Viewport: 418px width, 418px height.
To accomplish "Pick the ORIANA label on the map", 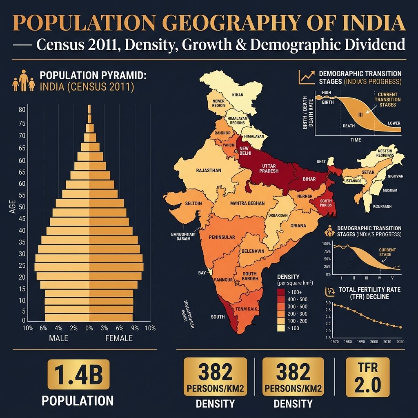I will [298, 225].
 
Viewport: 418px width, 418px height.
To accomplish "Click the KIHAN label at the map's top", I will [237, 95].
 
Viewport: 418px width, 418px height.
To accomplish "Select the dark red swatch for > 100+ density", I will [281, 293].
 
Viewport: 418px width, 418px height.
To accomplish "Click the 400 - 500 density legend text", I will [300, 300].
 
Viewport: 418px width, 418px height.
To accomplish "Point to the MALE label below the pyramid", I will [58, 338].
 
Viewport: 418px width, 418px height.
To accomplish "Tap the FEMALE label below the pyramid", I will [119, 338].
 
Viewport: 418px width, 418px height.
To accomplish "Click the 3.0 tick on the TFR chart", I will [329, 303].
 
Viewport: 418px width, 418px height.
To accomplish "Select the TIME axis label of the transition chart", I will [356, 140].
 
